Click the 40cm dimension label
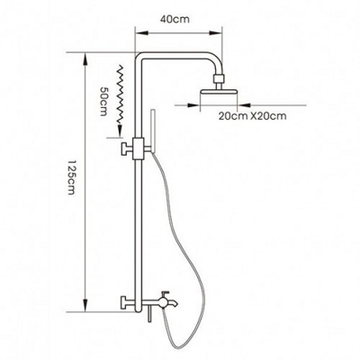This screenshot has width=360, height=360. coord(175,20)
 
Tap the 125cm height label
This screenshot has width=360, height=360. coord(71,177)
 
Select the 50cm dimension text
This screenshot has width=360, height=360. coord(103,102)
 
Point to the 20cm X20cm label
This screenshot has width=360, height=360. coord(252,115)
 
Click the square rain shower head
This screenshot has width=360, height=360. coord(219,94)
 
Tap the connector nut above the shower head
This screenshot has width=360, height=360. coord(219,79)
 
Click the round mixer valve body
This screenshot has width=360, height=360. coord(164,301)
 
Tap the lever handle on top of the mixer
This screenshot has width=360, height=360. coord(166,292)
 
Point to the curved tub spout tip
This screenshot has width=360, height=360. coord(176,304)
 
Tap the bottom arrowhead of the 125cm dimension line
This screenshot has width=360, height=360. coord(85,304)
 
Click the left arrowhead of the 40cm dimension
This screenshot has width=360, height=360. coord(142,33)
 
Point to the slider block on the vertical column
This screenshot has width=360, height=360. coord(139,148)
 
